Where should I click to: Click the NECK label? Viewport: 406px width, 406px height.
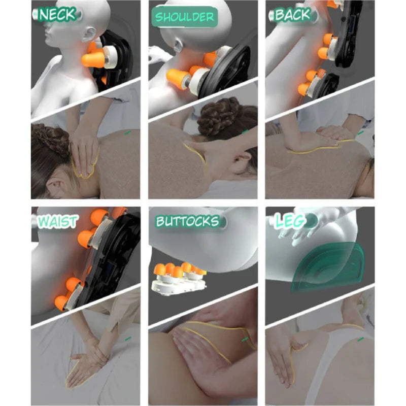click(57, 14)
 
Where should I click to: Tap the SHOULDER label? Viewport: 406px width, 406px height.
click(184, 17)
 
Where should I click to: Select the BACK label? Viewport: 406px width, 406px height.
click(293, 15)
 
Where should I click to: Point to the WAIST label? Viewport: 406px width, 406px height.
click(57, 221)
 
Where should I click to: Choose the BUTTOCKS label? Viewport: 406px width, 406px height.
click(187, 221)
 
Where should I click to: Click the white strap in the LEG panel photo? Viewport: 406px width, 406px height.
click(334, 360)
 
